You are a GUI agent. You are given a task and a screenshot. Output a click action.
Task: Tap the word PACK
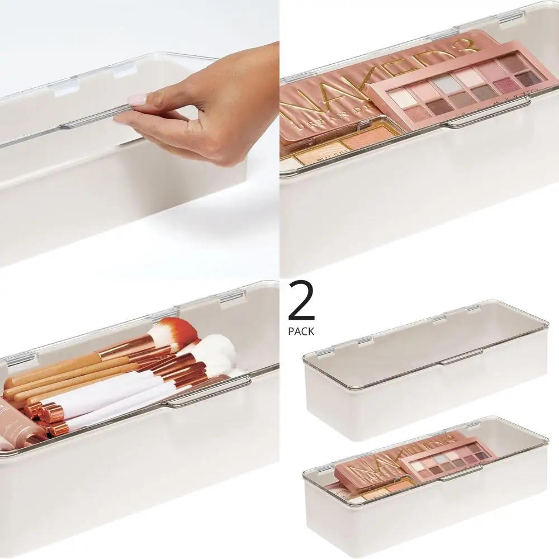(x=301, y=331)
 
